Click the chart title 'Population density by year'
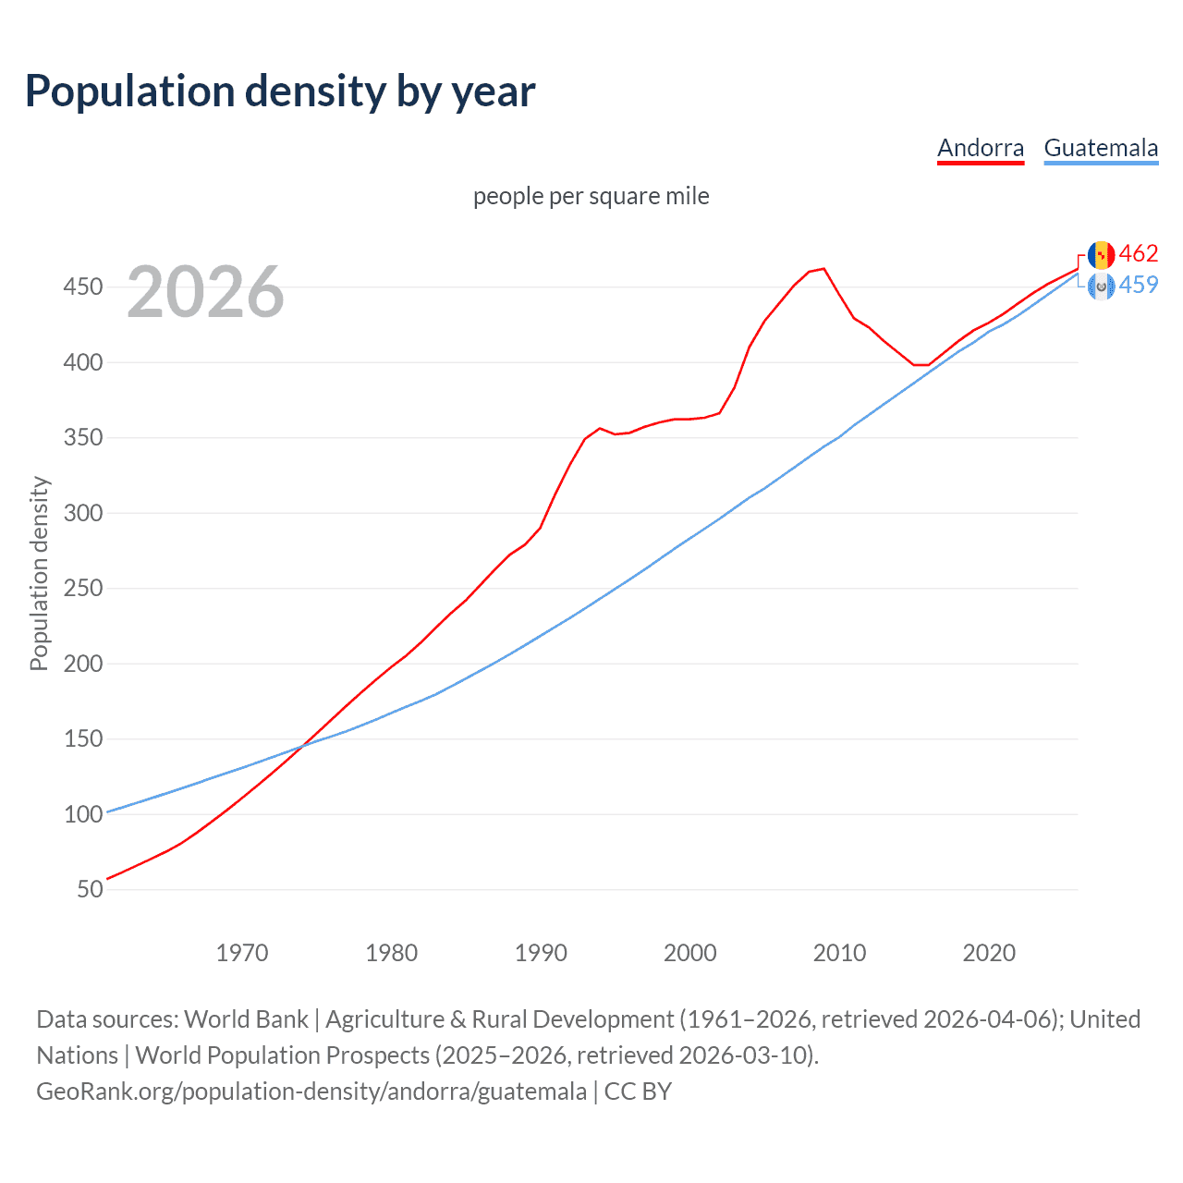(x=280, y=91)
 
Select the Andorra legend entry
(x=981, y=148)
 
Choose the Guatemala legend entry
(x=1101, y=148)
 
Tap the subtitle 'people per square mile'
(x=591, y=196)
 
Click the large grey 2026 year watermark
(x=205, y=292)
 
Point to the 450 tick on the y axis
(x=82, y=287)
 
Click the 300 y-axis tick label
(x=82, y=513)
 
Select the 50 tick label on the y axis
(x=90, y=889)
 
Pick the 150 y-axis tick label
(x=82, y=738)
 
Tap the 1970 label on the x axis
(x=242, y=953)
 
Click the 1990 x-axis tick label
(x=541, y=953)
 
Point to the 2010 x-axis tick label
(x=839, y=953)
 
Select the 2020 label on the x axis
(x=989, y=953)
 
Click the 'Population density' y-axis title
(x=39, y=573)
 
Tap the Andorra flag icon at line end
(x=1101, y=254)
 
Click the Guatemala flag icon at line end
(x=1101, y=286)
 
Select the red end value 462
(x=1139, y=254)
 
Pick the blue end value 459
(x=1139, y=285)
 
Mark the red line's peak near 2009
(x=823, y=269)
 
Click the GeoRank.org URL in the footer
(x=311, y=1092)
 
